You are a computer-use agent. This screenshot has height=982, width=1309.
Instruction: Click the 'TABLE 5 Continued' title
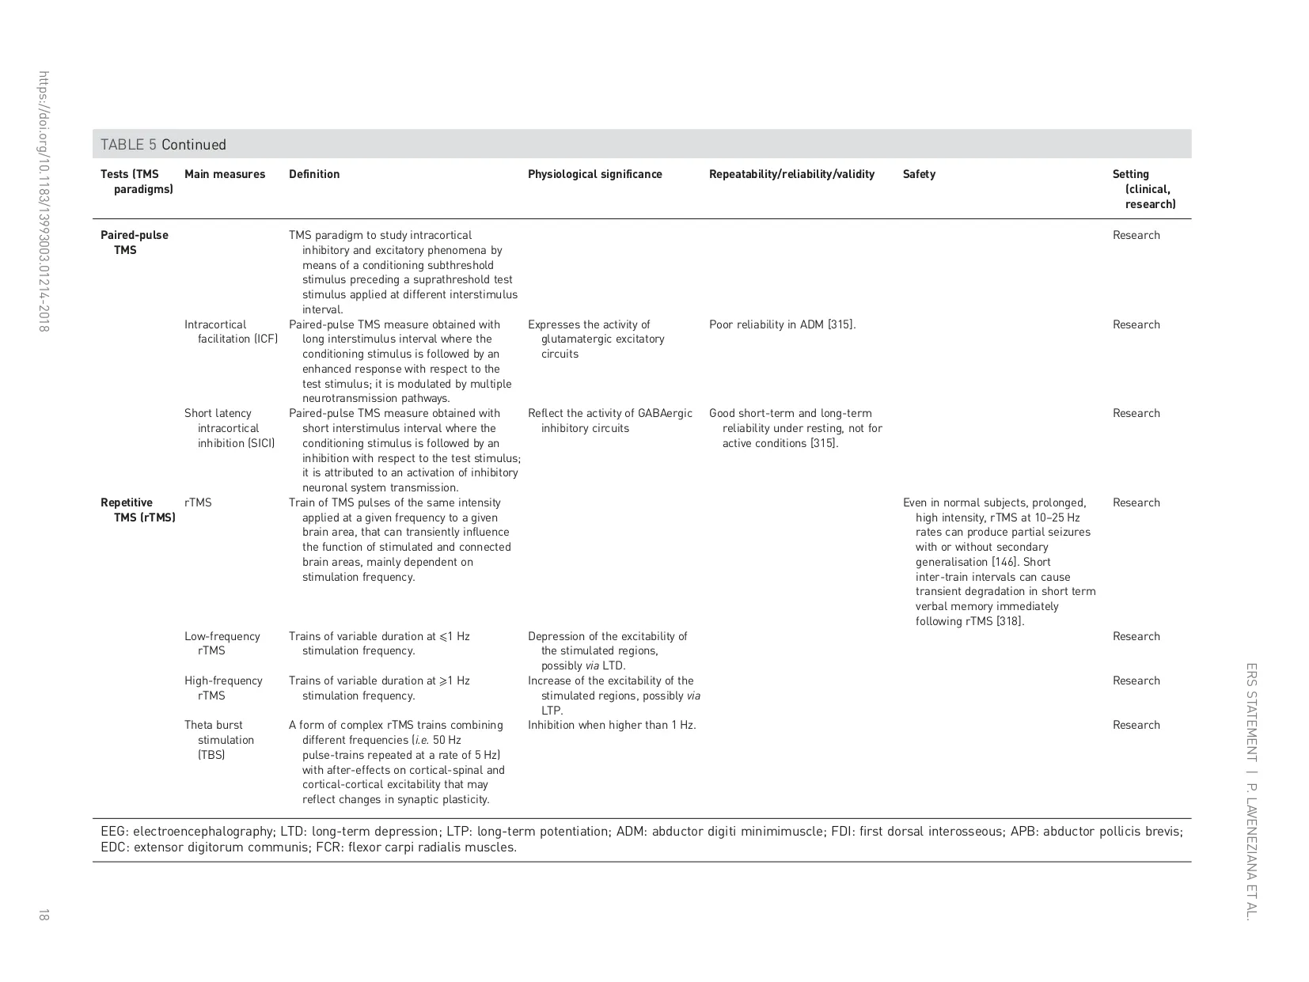coord(163,145)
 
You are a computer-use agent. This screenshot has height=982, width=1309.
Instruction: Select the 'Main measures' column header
coord(225,174)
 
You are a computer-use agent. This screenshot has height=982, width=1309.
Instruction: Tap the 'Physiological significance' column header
coord(594,174)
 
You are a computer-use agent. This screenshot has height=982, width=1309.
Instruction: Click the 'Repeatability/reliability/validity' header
coord(791,174)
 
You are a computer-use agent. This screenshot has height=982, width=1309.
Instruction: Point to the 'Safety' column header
coord(918,174)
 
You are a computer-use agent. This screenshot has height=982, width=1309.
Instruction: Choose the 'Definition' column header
coord(314,174)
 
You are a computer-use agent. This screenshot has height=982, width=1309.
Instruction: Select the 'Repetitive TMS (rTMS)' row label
coord(137,510)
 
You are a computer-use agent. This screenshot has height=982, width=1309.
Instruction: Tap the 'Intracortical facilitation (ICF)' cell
coord(231,332)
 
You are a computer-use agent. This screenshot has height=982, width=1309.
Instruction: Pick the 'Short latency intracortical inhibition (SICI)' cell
coord(230,428)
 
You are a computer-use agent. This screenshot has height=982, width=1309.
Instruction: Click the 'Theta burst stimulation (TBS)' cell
coord(219,740)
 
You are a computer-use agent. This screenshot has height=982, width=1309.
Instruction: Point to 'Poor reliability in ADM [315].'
coord(782,324)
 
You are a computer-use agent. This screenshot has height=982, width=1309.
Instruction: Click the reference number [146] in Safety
coord(1004,562)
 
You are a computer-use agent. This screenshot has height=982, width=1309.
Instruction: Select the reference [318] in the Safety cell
coord(1010,621)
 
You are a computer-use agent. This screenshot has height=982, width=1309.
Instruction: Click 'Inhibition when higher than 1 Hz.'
coord(612,725)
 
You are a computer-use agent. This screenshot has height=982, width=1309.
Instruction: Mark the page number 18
coord(43,916)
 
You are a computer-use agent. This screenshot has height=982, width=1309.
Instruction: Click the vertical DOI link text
coord(44,201)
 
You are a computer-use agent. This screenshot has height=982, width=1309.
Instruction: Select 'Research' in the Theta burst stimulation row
coord(1136,725)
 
